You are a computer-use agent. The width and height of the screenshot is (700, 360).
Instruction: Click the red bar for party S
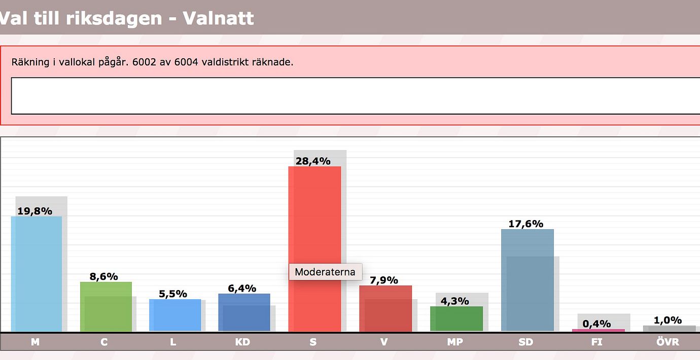[x=314, y=223]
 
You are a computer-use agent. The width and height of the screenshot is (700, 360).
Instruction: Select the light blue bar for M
[x=37, y=274]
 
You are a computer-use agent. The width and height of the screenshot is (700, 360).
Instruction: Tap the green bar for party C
[x=106, y=307]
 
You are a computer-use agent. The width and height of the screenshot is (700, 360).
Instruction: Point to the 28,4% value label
[x=313, y=161]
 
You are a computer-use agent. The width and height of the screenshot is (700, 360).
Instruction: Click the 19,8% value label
[x=34, y=211]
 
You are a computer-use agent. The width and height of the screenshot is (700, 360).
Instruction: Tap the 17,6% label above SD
[x=526, y=224]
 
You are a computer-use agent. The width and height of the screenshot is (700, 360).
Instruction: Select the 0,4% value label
[x=597, y=323]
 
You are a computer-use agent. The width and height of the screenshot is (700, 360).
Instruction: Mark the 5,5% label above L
[x=173, y=294]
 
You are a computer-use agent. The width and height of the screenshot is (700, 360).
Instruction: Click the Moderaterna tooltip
[x=325, y=272]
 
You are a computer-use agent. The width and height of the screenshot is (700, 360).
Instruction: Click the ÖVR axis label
[x=668, y=342]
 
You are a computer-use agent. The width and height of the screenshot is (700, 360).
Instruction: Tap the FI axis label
[x=597, y=342]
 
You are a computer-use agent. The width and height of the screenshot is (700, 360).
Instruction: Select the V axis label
[x=384, y=342]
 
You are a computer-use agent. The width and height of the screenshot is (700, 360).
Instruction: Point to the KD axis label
[x=242, y=342]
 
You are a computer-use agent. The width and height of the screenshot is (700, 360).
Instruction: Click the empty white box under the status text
[x=355, y=96]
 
